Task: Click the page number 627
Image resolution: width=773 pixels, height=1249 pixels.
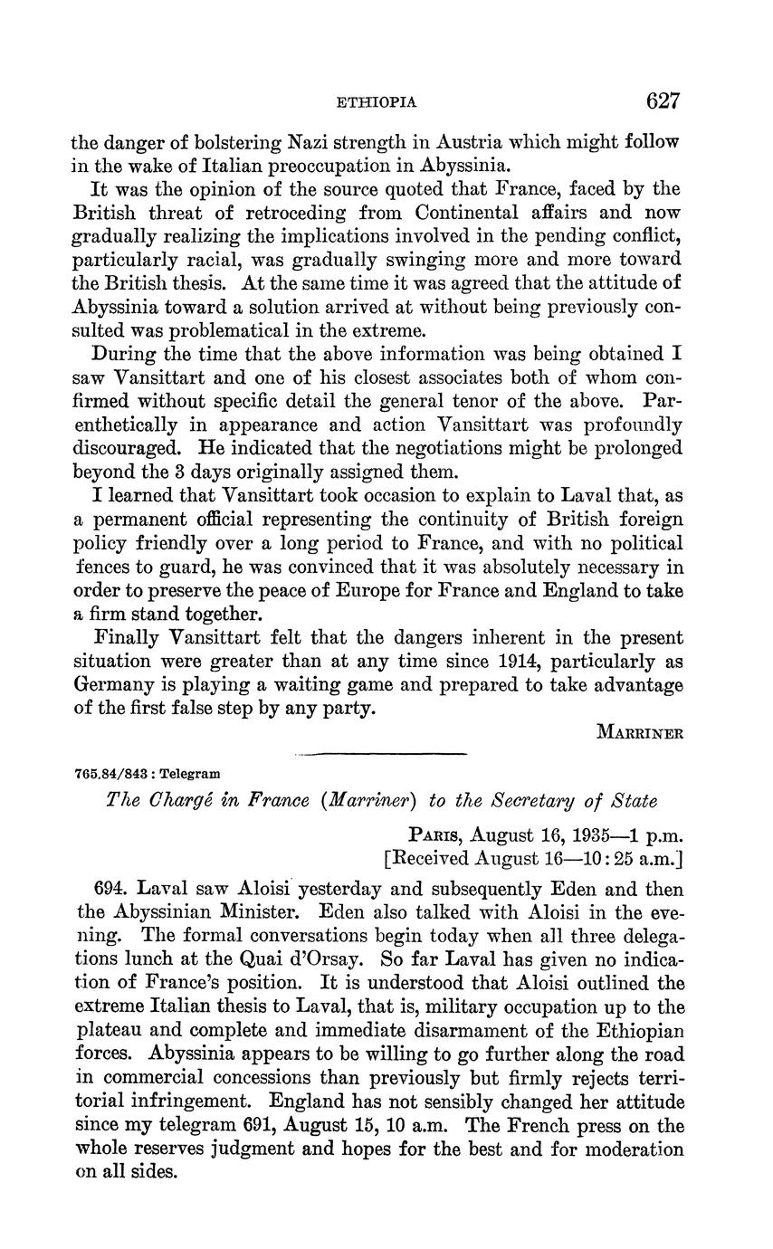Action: (663, 100)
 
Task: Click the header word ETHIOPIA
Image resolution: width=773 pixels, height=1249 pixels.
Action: (377, 102)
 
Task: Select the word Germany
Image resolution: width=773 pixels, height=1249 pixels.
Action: (114, 685)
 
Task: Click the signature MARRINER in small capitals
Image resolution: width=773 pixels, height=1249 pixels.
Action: (640, 732)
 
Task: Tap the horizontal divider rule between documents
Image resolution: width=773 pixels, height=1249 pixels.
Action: (380, 753)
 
